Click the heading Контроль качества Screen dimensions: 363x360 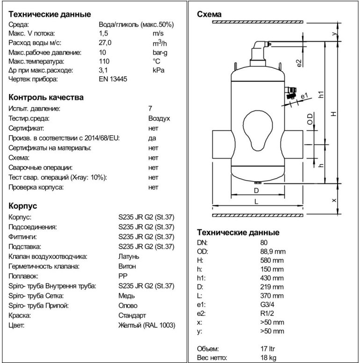(46, 97)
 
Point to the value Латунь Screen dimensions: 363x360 (129, 256)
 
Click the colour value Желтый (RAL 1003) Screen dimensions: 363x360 (147, 325)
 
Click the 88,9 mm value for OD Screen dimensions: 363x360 (273, 251)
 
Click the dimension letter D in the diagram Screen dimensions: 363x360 (256, 190)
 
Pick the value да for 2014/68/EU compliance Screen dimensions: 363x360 (152, 138)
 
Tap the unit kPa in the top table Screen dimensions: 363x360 (158, 70)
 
